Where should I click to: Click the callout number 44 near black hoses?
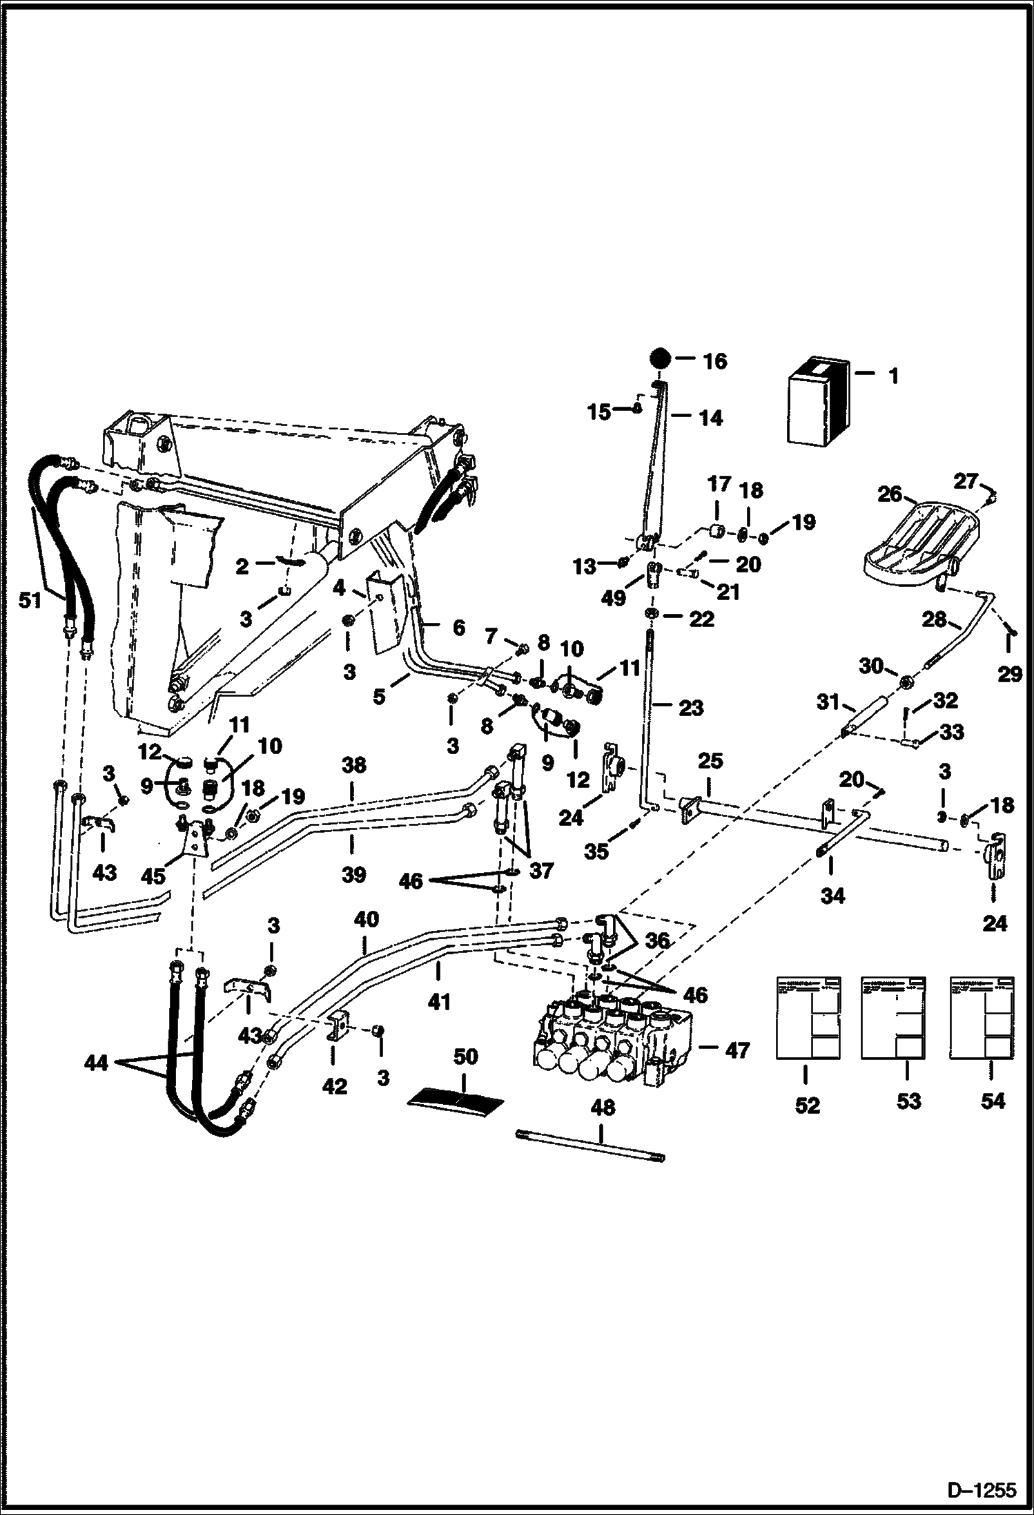point(96,1063)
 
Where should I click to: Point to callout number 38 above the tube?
point(353,766)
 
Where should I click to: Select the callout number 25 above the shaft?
point(710,761)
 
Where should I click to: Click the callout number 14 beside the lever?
point(711,418)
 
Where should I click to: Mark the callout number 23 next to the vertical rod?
point(691,707)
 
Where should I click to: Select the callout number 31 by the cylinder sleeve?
point(828,703)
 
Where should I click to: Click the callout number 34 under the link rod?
point(833,896)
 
